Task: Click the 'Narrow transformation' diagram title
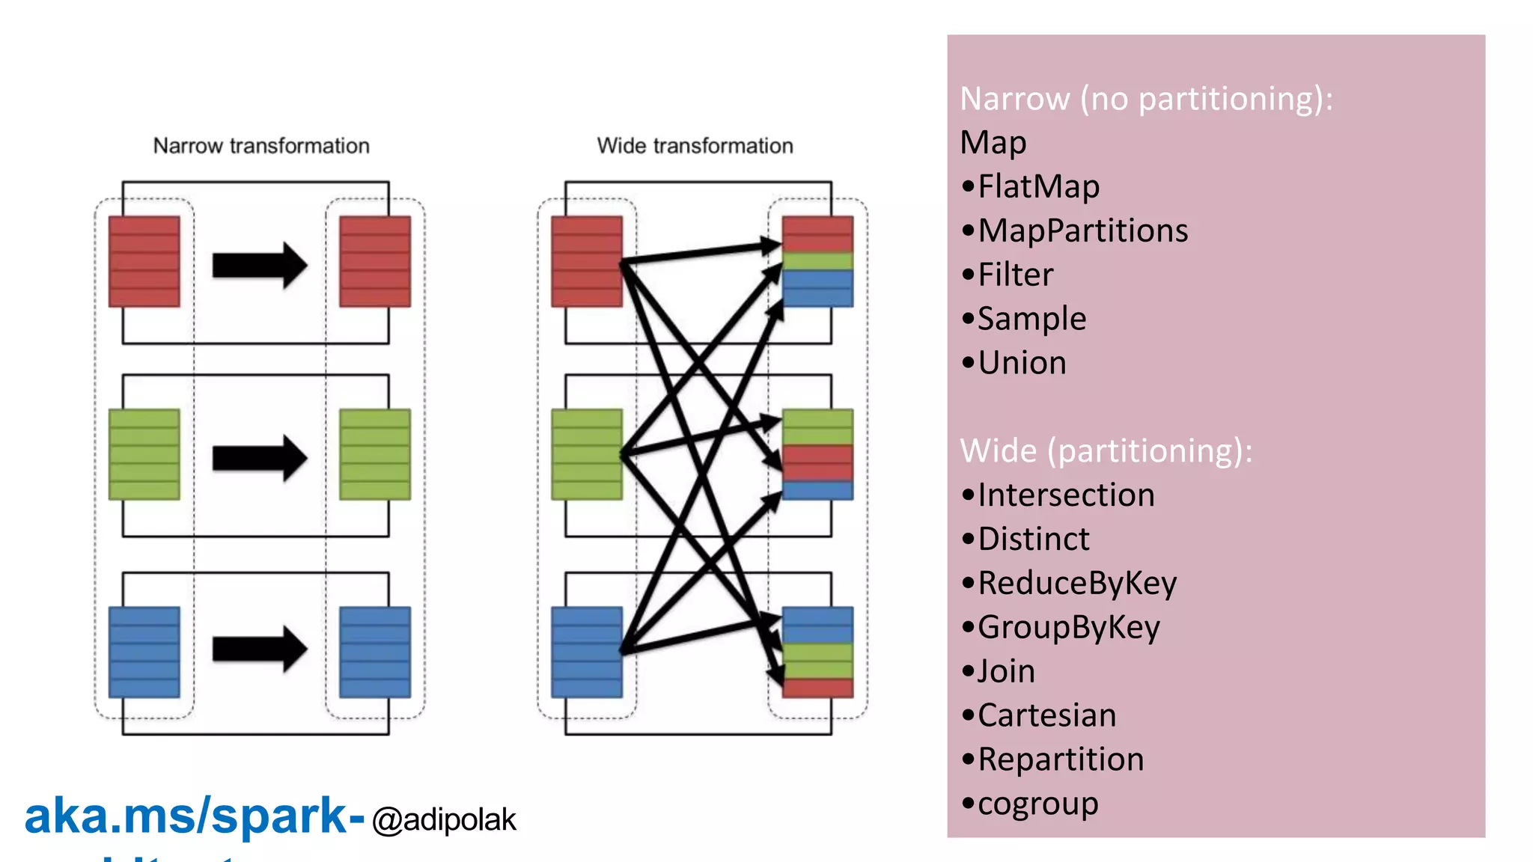[x=261, y=146]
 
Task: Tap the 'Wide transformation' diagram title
[x=695, y=146]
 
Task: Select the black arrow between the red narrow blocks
[x=259, y=265]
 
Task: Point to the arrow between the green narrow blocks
[x=259, y=457]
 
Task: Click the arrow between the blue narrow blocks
[x=259, y=649]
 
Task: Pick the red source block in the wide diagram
[x=586, y=261]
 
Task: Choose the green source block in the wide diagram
[x=586, y=454]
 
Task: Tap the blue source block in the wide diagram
[x=586, y=652]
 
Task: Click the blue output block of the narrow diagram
[x=375, y=652]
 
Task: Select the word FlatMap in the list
[x=1038, y=187]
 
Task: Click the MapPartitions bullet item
[x=1082, y=231]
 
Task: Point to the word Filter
[x=1015, y=275]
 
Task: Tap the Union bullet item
[x=1022, y=364]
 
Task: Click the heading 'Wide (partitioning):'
[x=1106, y=451]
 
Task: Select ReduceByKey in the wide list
[x=1076, y=584]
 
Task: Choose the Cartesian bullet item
[x=1046, y=716]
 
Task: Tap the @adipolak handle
[x=444, y=820]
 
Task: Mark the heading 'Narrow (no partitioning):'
[x=1146, y=99]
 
